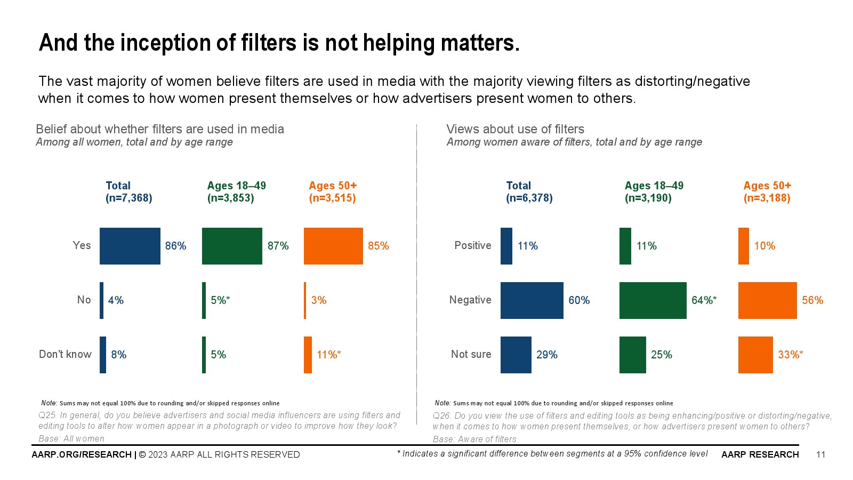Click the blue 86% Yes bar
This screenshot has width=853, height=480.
click(130, 246)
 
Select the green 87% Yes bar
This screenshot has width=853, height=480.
click(232, 246)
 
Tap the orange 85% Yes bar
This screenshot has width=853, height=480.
click(333, 246)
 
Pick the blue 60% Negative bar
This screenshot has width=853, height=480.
click(532, 300)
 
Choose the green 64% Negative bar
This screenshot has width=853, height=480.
click(653, 300)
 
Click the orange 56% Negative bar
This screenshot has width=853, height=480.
click(767, 300)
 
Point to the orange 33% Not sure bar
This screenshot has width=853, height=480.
click(755, 355)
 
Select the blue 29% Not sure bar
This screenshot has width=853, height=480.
click(516, 355)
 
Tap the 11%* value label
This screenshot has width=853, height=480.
click(328, 355)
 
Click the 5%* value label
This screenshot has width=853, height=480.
click(220, 300)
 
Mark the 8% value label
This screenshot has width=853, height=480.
click(118, 355)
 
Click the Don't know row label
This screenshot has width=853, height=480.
click(65, 354)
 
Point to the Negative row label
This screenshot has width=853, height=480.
click(470, 300)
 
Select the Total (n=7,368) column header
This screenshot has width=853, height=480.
click(128, 192)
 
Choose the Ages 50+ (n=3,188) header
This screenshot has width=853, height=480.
click(767, 192)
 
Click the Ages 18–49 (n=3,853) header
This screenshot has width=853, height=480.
click(236, 192)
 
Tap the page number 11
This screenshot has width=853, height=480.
click(820, 454)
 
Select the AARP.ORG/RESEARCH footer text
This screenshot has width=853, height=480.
click(82, 454)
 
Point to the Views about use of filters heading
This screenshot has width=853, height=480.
click(515, 129)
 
